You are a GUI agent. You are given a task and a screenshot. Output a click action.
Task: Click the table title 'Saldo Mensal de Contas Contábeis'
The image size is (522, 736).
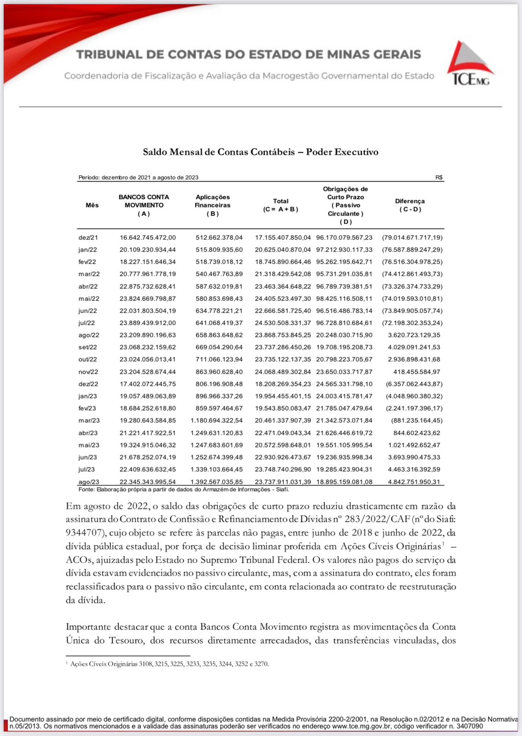tap(219, 152)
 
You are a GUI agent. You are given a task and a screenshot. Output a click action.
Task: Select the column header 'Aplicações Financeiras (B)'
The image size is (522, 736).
tap(213, 205)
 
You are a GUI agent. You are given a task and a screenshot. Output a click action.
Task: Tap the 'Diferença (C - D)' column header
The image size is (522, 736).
tap(410, 205)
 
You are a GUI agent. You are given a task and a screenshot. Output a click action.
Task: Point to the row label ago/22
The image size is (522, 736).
tap(88, 335)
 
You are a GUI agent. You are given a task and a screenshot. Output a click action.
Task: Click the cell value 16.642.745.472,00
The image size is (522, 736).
tap(148, 238)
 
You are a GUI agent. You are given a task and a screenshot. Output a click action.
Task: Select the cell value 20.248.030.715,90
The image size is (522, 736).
tap(344, 335)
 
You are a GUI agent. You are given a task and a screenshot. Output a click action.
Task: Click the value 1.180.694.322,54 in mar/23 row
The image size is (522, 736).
tap(217, 420)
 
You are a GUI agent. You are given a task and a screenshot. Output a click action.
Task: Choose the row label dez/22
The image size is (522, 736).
tap(88, 384)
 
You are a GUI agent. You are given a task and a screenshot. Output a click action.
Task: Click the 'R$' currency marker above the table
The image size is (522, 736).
tap(439, 177)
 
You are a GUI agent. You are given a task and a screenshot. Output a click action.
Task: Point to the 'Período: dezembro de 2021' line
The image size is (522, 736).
tap(138, 177)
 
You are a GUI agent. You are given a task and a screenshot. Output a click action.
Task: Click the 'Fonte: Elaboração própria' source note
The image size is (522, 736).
tap(183, 489)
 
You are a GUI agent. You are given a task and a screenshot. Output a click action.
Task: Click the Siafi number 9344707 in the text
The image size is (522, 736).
tap(85, 533)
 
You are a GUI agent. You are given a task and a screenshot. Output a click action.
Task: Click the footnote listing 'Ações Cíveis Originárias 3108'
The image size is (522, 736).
tap(169, 664)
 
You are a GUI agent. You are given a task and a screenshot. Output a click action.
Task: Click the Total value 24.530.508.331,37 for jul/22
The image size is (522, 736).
tap(283, 323)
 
